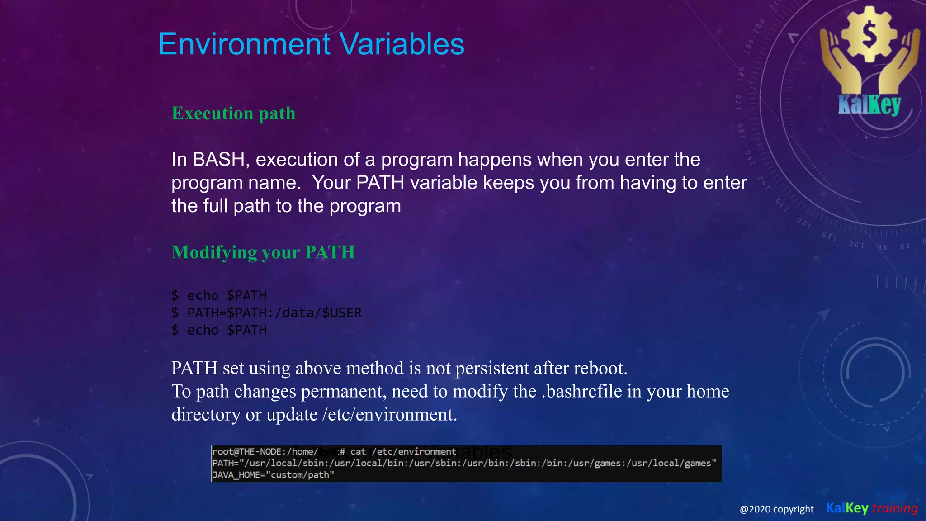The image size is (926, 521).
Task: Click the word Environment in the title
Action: [244, 44]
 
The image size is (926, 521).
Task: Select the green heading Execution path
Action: [233, 114]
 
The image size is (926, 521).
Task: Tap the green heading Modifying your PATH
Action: [263, 252]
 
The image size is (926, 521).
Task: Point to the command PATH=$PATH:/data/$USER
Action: [274, 313]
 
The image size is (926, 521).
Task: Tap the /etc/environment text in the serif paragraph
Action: [389, 415]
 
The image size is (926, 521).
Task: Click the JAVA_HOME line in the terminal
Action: [273, 475]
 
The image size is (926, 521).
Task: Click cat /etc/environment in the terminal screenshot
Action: [403, 451]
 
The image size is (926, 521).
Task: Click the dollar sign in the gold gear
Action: [869, 35]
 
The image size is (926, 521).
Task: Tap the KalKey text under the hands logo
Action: [869, 105]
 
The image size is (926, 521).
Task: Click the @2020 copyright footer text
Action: [776, 509]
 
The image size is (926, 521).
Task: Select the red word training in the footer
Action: [894, 508]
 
